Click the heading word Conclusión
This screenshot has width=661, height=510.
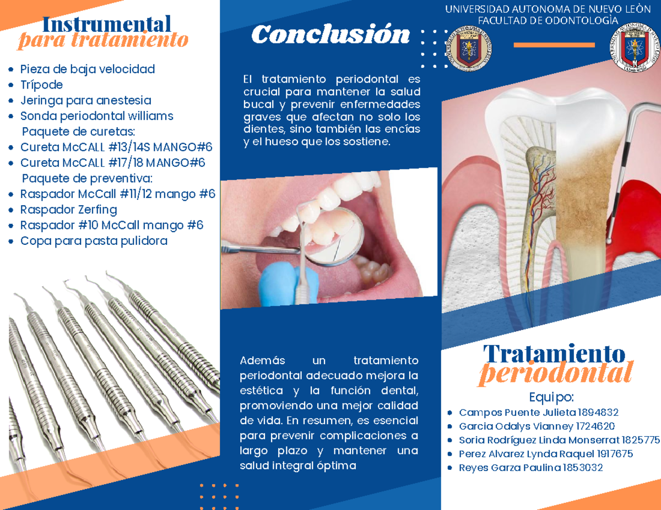(330, 35)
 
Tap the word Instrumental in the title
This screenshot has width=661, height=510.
(106, 24)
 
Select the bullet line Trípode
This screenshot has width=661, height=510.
(41, 85)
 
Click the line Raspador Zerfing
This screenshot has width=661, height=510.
(68, 210)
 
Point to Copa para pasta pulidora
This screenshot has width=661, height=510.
(94, 241)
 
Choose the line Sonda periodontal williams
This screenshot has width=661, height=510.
(96, 116)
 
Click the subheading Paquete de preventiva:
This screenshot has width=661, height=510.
(87, 178)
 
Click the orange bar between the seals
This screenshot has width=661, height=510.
(554, 45)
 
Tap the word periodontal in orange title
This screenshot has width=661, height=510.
(555, 374)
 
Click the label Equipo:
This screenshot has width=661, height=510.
(551, 397)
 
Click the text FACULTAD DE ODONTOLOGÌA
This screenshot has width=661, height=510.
(548, 21)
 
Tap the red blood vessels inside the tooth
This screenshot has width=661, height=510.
(537, 187)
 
